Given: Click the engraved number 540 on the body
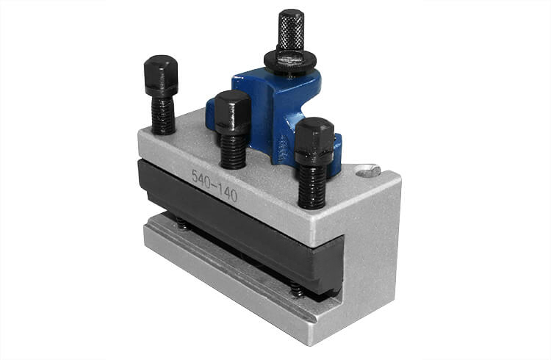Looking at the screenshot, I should (x=201, y=177).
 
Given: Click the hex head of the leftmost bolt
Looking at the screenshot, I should (x=161, y=75).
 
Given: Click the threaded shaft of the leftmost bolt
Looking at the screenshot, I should (x=164, y=115).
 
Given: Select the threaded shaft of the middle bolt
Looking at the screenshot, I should (x=233, y=151).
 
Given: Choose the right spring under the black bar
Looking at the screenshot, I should (x=297, y=290).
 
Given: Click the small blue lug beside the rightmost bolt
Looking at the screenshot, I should (x=337, y=154).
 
